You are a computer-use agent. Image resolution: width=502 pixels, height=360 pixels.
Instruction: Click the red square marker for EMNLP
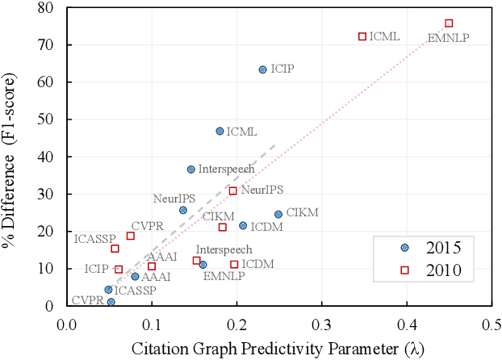[x=449, y=23]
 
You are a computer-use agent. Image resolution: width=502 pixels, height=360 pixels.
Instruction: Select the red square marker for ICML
[x=362, y=36]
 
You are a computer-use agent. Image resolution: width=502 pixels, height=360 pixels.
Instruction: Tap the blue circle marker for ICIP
[x=262, y=69]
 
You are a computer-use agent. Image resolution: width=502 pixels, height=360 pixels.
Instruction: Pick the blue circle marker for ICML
[x=220, y=131]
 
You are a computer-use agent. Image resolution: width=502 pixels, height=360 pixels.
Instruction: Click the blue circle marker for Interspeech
[x=190, y=170]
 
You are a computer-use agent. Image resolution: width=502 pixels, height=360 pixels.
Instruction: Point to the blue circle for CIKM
[x=278, y=214]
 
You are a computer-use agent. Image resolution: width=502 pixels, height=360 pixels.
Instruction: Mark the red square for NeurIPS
[x=233, y=190]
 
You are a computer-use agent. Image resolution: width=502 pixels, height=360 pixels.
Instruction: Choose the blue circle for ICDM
[x=243, y=225]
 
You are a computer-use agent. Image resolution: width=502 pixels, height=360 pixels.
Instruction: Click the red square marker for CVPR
[x=131, y=236]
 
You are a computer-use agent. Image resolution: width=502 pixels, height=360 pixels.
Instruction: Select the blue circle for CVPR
[x=111, y=302]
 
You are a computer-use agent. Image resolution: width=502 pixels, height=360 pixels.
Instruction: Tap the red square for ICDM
[x=234, y=264]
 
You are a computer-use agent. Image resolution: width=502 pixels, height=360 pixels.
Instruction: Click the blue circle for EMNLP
[x=203, y=265]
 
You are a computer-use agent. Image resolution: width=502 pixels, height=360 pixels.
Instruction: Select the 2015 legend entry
[x=432, y=248]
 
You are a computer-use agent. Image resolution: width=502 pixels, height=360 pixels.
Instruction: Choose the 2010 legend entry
[x=432, y=270]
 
